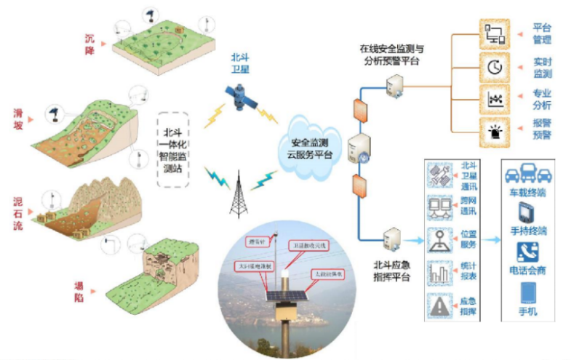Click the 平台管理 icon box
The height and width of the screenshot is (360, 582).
click(495, 33)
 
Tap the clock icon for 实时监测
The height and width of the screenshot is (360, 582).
click(495, 67)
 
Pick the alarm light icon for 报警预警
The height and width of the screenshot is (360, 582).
click(495, 130)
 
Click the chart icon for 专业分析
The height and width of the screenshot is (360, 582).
click(495, 99)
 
